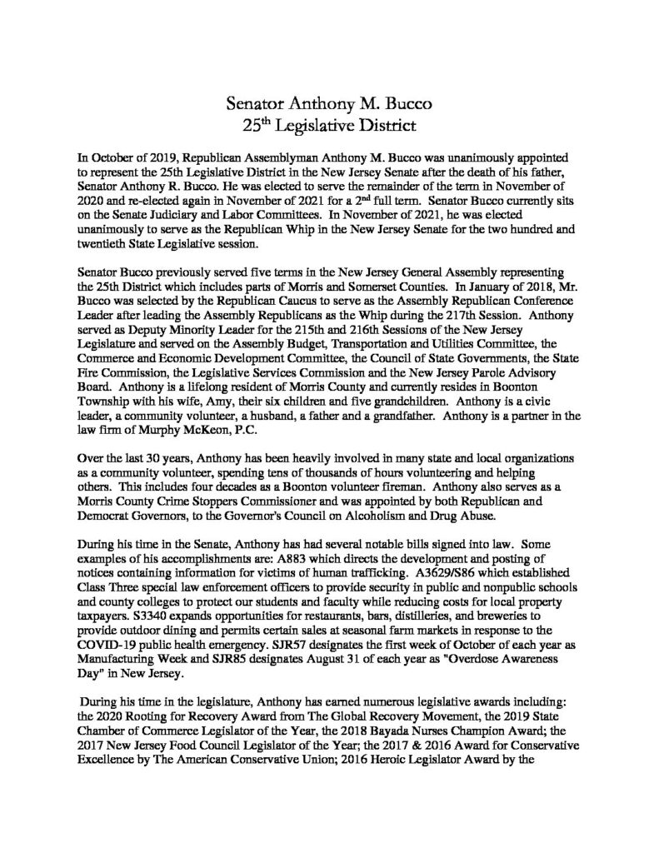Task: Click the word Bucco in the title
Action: click(403, 106)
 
